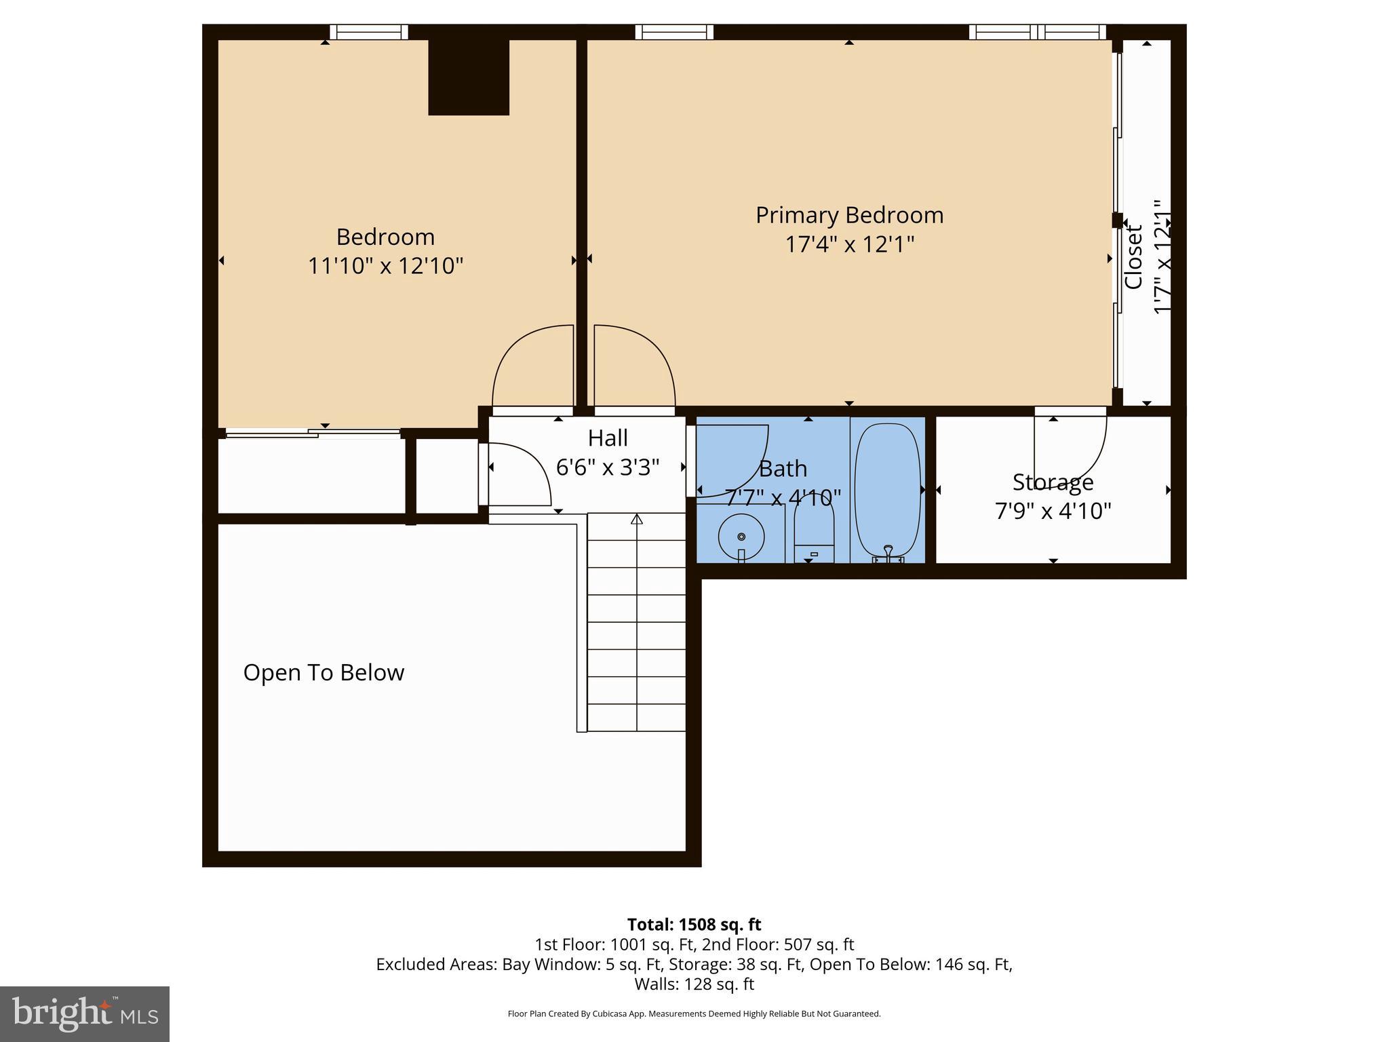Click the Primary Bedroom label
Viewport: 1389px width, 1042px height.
(849, 215)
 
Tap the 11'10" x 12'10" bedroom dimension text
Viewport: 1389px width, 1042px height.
(385, 265)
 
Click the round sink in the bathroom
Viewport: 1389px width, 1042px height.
(741, 537)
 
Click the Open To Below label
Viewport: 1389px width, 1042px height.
(324, 672)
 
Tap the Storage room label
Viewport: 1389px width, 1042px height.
(1053, 482)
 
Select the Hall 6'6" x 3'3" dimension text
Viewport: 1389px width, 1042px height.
(608, 467)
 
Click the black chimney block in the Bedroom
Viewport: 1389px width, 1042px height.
(469, 77)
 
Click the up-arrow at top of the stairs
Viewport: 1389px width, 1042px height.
(636, 520)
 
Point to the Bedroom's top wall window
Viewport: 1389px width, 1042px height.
(369, 32)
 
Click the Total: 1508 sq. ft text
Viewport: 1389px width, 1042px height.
(694, 925)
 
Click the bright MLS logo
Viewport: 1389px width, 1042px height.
(85, 1014)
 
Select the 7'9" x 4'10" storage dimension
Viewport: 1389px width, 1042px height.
(1053, 510)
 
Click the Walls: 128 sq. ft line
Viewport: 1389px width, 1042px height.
(694, 984)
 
